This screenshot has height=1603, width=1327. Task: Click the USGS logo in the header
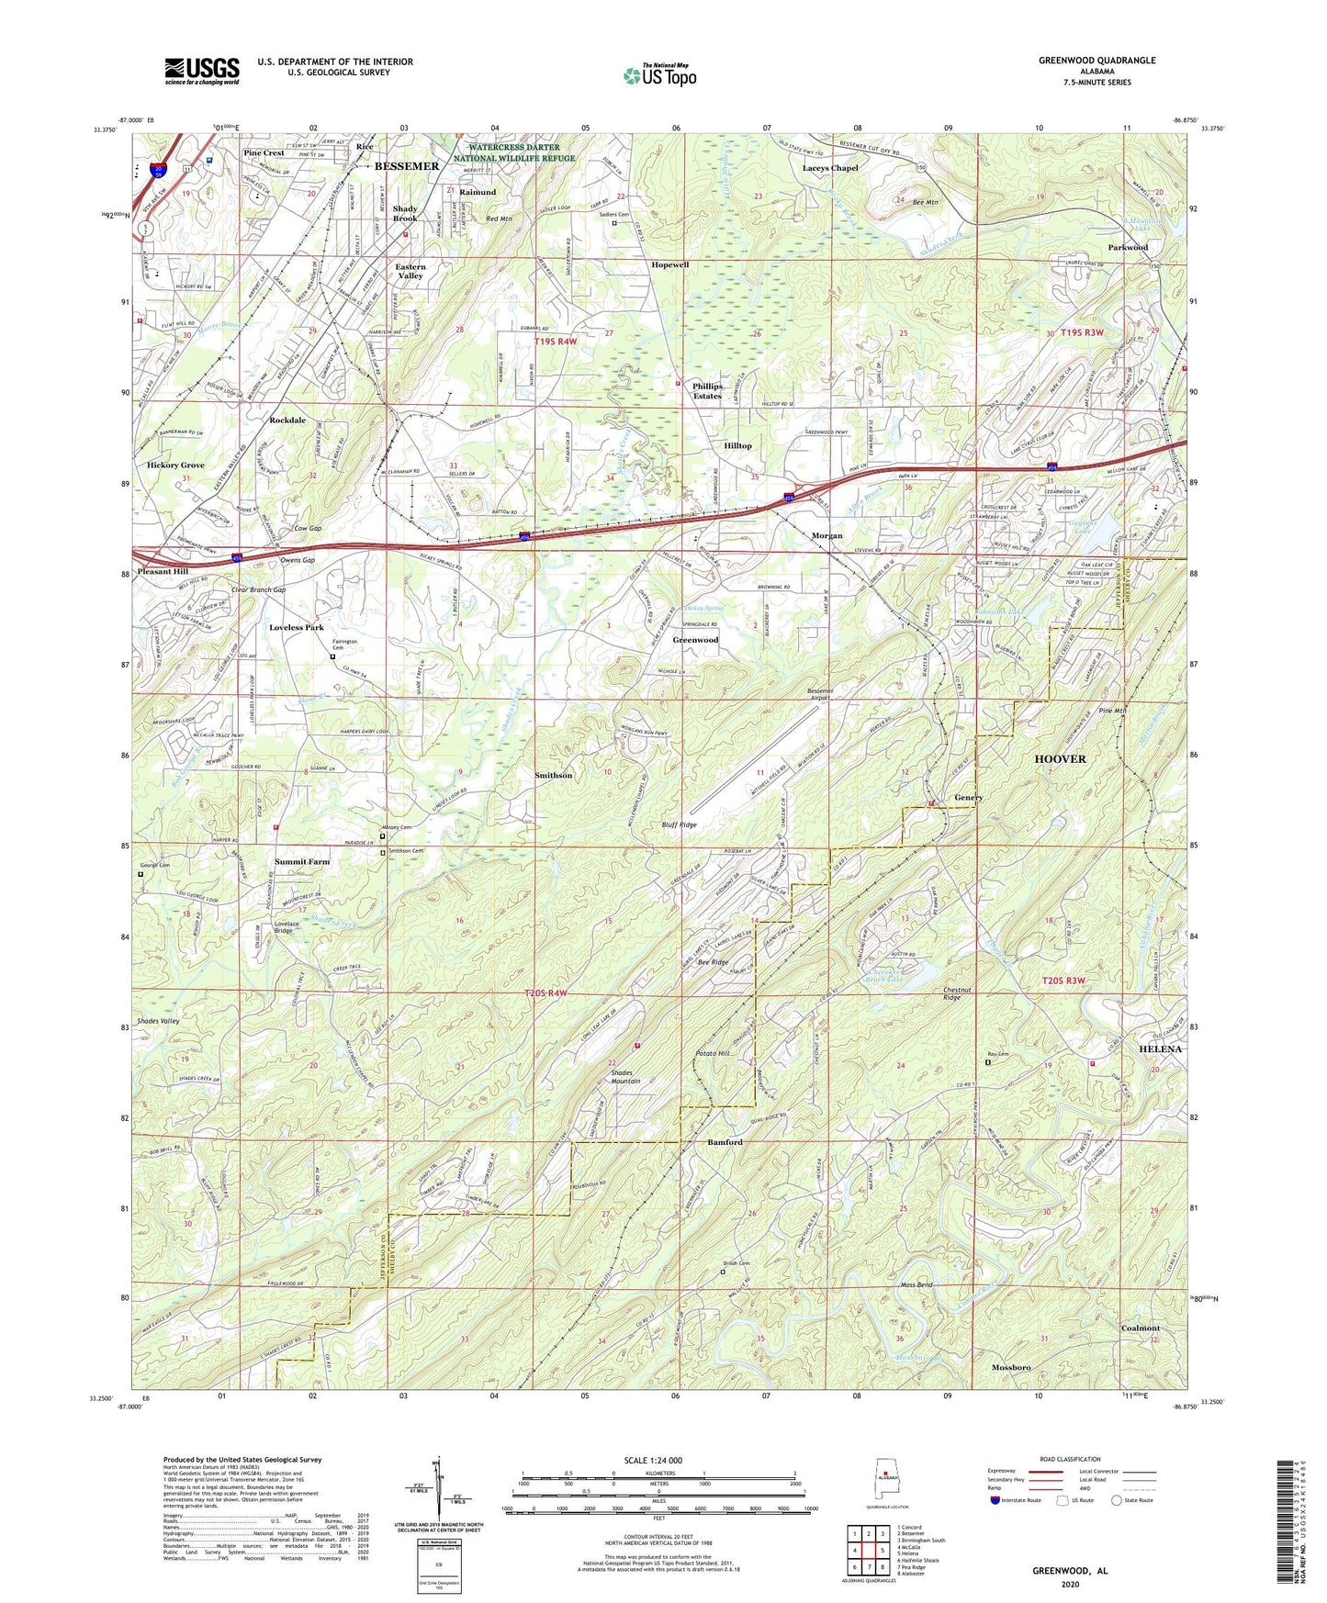(x=202, y=70)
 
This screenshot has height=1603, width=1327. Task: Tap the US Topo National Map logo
(x=658, y=74)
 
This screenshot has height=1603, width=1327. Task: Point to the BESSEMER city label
(x=407, y=166)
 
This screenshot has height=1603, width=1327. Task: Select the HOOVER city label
(x=1060, y=759)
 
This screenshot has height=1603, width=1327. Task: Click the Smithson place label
(x=553, y=775)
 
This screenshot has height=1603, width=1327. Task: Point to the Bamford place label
(x=725, y=1142)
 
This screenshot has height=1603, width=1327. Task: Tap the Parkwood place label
(x=1128, y=247)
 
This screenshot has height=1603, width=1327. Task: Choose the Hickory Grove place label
(x=175, y=465)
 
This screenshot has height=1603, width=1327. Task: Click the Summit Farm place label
(x=301, y=862)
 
